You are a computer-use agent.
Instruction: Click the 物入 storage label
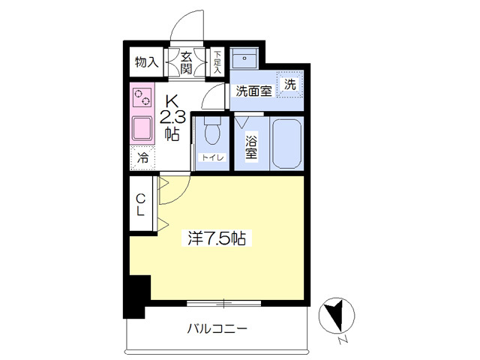pyautogui.click(x=147, y=62)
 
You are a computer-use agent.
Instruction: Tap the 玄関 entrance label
pyautogui.click(x=186, y=63)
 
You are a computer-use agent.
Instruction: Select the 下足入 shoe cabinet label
pyautogui.click(x=217, y=62)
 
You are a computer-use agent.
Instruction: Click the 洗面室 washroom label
pyautogui.click(x=253, y=91)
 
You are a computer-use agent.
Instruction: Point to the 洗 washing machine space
pyautogui.click(x=290, y=84)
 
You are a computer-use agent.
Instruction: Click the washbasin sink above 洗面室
pyautogui.click(x=244, y=58)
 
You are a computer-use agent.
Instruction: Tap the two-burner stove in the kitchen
pyautogui.click(x=142, y=97)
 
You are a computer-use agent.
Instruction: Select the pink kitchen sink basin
pyautogui.click(x=142, y=128)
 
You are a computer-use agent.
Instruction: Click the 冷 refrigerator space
pyautogui.click(x=142, y=158)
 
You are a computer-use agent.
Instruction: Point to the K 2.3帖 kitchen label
pyautogui.click(x=172, y=118)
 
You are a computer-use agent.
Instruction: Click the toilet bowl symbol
pyautogui.click(x=212, y=130)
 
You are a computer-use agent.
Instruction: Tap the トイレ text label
pyautogui.click(x=212, y=157)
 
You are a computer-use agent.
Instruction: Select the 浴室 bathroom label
pyautogui.click(x=251, y=146)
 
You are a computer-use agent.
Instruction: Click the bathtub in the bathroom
pyautogui.click(x=286, y=144)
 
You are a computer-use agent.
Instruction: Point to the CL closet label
pyautogui.click(x=140, y=204)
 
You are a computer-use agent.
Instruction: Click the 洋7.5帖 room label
pyautogui.click(x=217, y=238)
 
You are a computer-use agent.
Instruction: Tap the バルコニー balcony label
pyautogui.click(x=217, y=329)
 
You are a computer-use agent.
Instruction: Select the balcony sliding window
pyautogui.click(x=223, y=304)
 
